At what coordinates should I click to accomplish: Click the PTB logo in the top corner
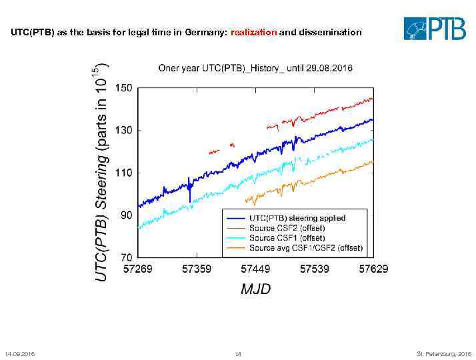pos(435,29)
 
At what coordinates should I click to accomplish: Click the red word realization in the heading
pos(253,32)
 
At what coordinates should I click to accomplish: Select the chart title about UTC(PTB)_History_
pos(255,68)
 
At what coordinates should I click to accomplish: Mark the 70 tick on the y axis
pos(126,256)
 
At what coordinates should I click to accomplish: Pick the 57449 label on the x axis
pos(255,269)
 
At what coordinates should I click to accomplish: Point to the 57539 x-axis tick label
pos(314,269)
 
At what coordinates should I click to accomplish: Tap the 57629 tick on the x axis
pos(373,269)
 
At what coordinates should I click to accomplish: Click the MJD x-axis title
pos(255,289)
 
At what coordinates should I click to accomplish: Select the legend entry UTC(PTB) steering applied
pos(297,218)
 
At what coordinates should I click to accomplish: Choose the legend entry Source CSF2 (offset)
pos(287,228)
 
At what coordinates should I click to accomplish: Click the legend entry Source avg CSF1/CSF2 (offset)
pos(305,247)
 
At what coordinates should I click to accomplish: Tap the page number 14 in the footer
pos(237,353)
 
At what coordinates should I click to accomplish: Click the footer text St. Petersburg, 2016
pos(443,353)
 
